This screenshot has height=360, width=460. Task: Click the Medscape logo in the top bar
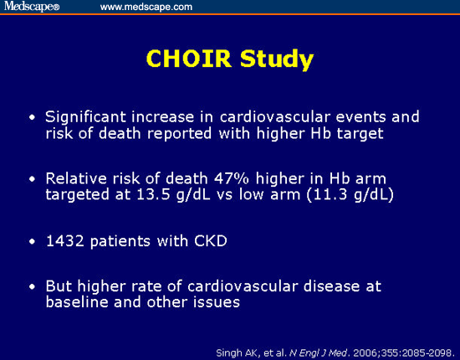click(x=30, y=7)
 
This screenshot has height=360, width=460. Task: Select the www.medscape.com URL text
click(x=146, y=7)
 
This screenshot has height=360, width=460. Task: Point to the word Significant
click(x=85, y=116)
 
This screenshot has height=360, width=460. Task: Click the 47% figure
click(x=231, y=179)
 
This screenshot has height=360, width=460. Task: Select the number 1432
click(x=64, y=243)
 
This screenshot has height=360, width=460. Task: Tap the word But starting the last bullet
click(x=59, y=287)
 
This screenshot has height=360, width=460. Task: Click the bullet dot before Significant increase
click(x=33, y=117)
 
